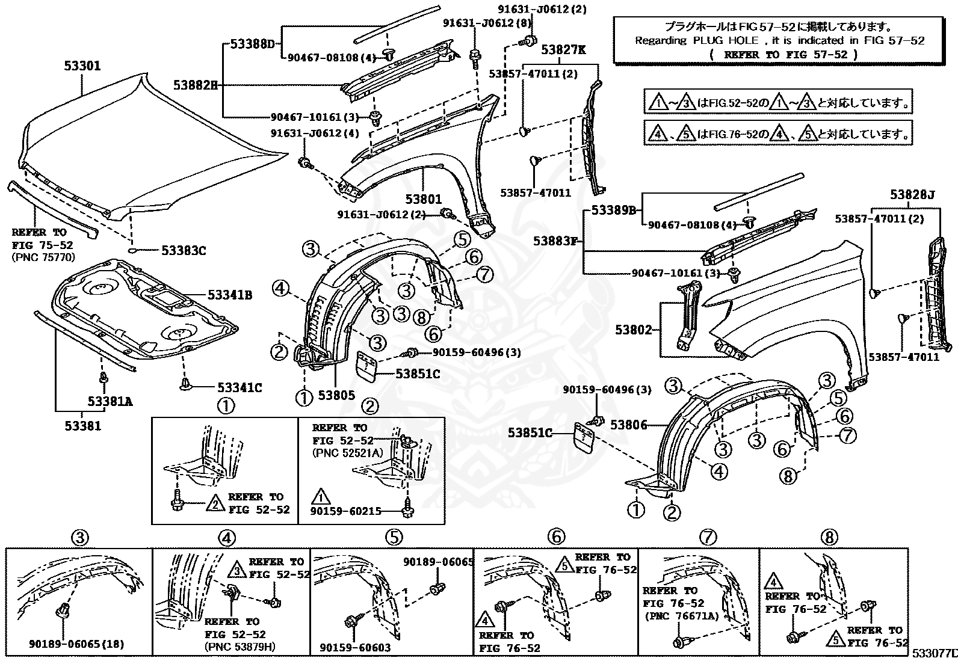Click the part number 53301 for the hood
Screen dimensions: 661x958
[x=82, y=66]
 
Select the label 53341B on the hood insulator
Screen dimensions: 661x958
[x=230, y=295]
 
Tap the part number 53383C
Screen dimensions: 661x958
[x=183, y=250]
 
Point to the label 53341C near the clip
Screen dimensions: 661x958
[x=239, y=388]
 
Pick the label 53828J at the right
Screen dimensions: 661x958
[x=912, y=195]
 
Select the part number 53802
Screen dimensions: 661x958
[x=633, y=330]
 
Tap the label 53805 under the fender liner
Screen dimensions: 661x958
[x=336, y=395]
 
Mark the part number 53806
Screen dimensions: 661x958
[x=628, y=425]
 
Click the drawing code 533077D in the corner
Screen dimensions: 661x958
[x=933, y=653]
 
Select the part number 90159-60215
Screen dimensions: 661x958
[x=346, y=511]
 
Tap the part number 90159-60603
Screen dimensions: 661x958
[x=355, y=647]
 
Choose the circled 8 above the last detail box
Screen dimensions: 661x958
[x=829, y=537]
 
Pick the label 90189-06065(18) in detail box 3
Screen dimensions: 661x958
[x=76, y=644]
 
